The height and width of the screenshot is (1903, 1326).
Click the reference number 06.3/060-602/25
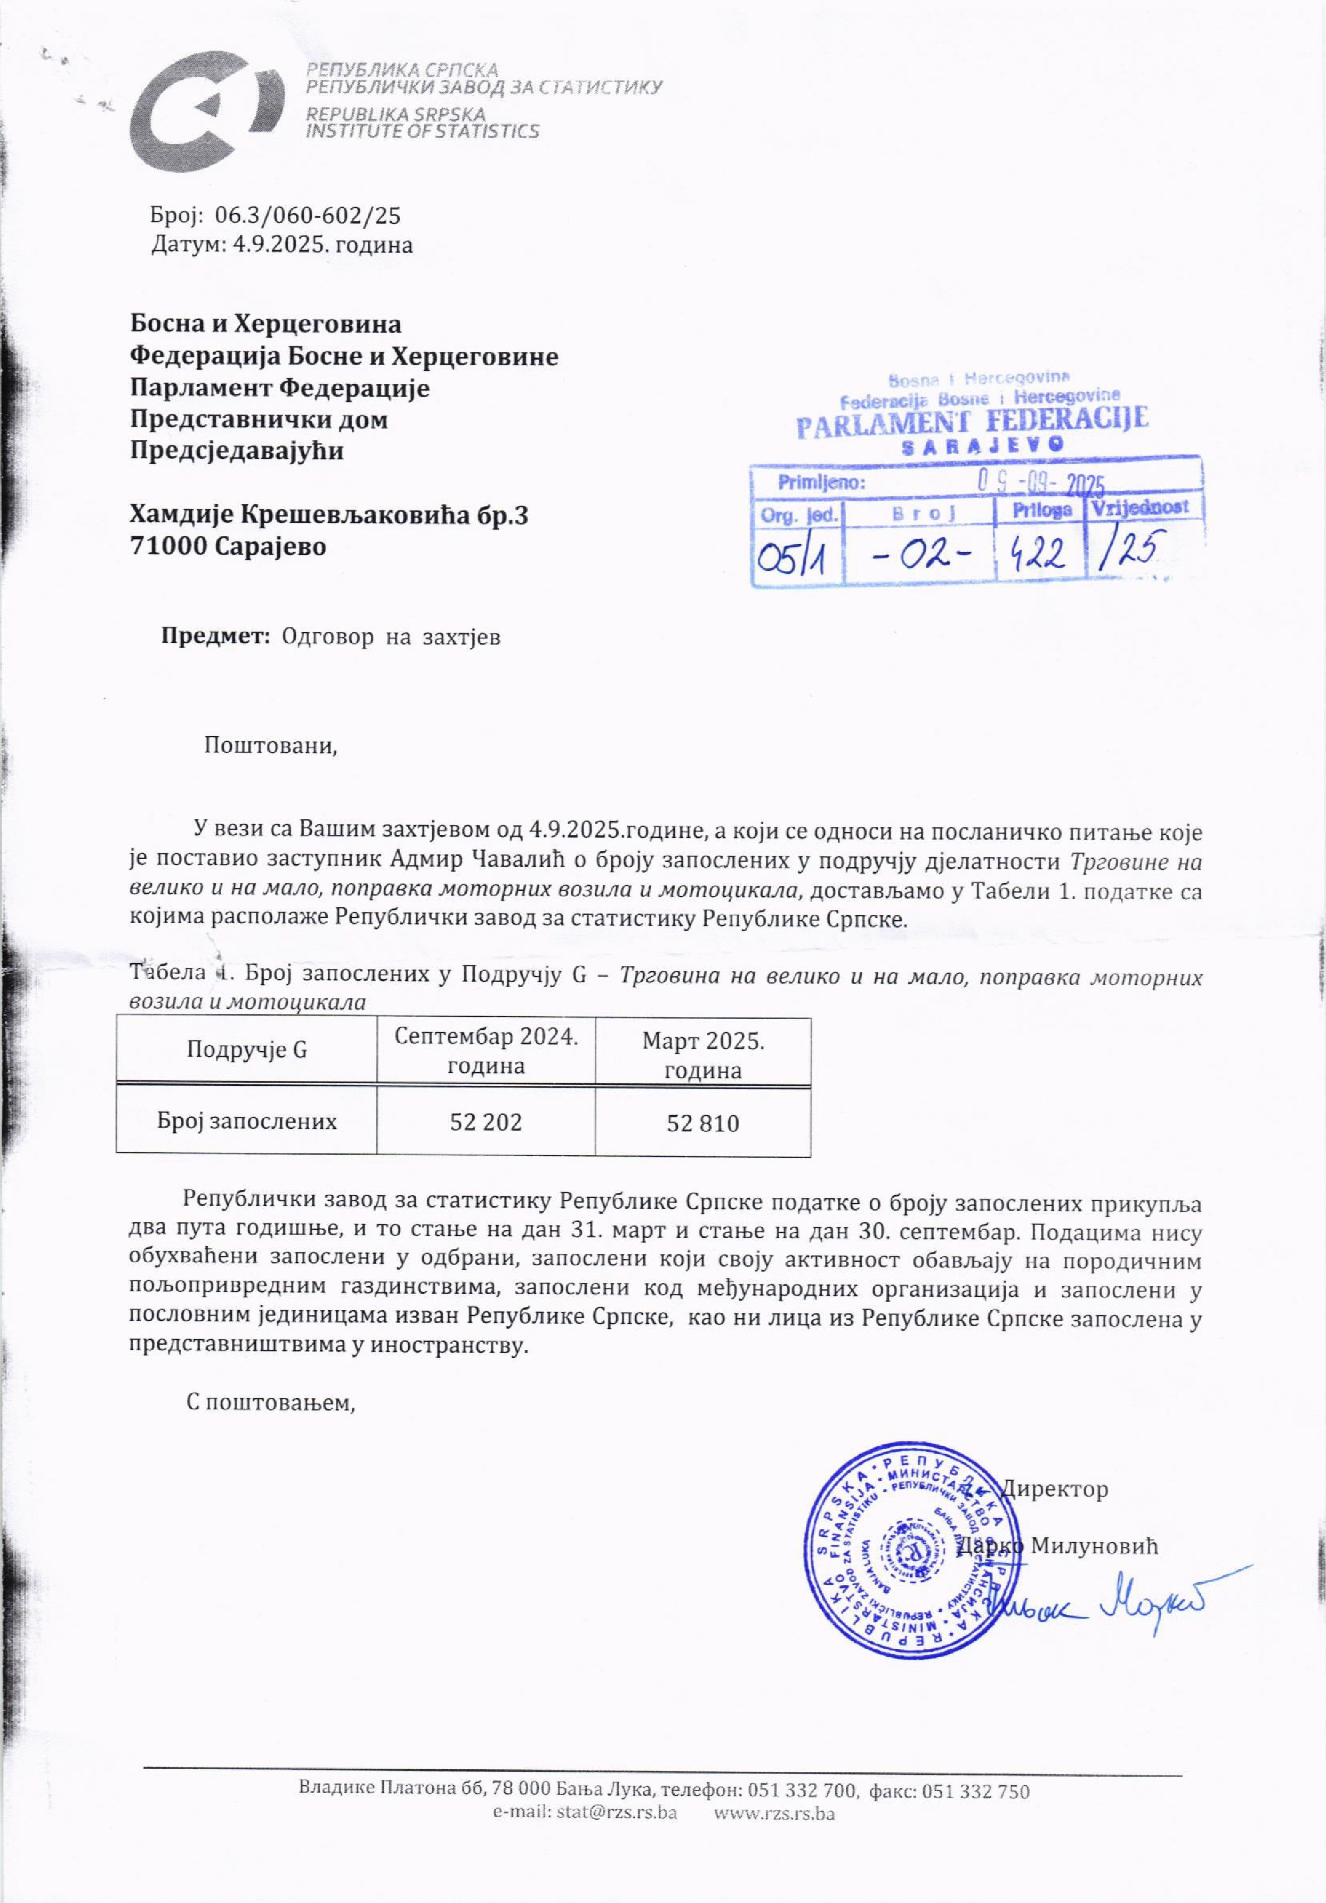(x=308, y=216)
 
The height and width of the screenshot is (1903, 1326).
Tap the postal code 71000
(x=167, y=547)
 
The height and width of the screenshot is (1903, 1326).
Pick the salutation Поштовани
(x=271, y=745)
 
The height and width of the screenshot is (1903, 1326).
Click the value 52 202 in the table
(x=486, y=1122)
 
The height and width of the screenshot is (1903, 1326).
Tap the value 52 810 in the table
(x=703, y=1124)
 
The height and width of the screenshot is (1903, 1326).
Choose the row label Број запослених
(x=247, y=1122)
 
